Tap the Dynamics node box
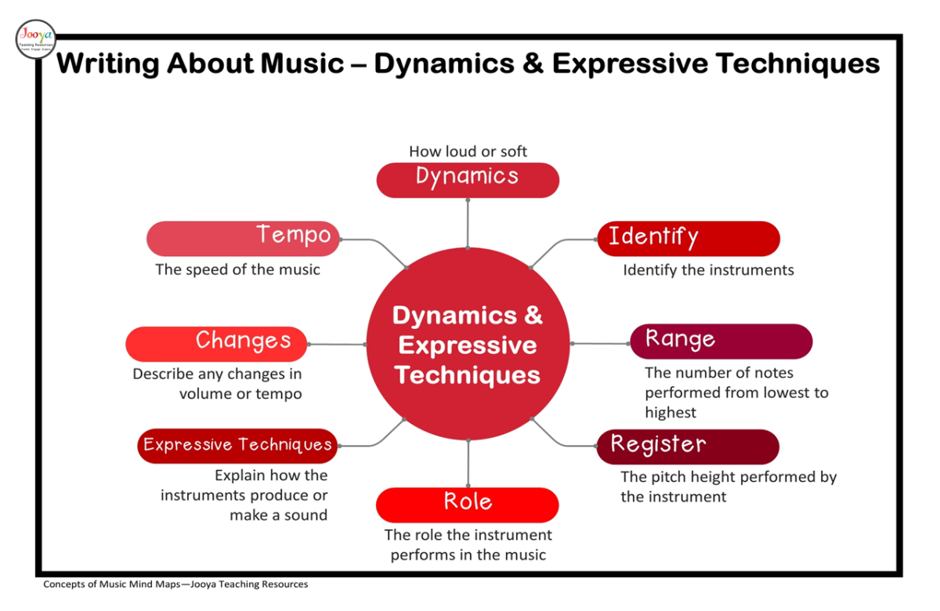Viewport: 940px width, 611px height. [x=468, y=179]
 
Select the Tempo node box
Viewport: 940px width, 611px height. [x=244, y=238]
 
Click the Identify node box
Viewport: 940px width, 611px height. [x=689, y=238]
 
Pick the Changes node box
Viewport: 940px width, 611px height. [x=216, y=343]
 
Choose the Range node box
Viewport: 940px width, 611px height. [x=721, y=341]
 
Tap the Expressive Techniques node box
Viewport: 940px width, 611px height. [x=237, y=446]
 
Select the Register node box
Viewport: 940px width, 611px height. [x=688, y=446]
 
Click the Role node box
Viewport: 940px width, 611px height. [x=467, y=504]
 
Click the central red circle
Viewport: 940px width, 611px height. [x=468, y=345]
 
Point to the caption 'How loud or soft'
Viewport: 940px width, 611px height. [x=468, y=151]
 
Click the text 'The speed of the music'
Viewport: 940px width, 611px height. [x=237, y=269]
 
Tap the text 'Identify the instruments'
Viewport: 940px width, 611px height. [x=708, y=270]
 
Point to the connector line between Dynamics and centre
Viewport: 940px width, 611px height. [x=468, y=222]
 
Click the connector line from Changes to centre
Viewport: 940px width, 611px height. [x=337, y=344]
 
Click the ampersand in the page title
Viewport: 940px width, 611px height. [x=533, y=63]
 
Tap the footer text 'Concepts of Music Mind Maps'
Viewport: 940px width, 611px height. [x=110, y=584]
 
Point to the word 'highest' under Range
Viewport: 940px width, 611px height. [x=671, y=412]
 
